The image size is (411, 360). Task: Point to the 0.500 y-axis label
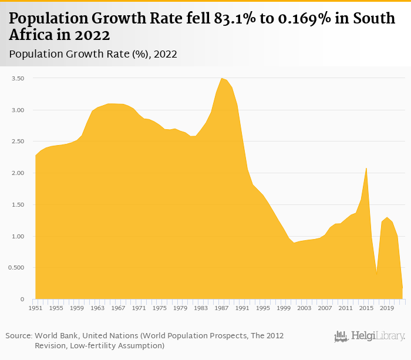[x=17, y=268]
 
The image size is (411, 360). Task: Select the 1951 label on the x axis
[x=35, y=308]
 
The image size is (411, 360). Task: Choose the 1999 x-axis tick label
[x=284, y=308]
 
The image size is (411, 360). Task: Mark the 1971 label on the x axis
[x=139, y=308]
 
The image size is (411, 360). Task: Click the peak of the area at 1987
[x=221, y=79]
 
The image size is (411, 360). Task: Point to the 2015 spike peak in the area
[x=366, y=169]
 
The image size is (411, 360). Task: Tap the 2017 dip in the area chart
[x=376, y=274]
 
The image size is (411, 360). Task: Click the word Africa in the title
[x=30, y=35]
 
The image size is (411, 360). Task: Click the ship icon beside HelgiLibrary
[x=341, y=337]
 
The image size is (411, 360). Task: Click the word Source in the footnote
[x=18, y=335]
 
